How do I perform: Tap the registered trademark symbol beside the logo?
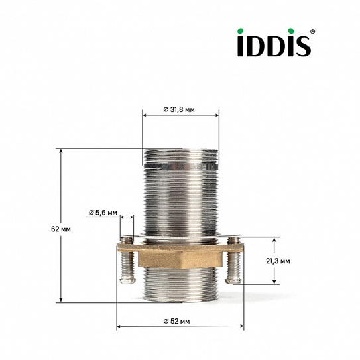pyautogui.click(x=313, y=31)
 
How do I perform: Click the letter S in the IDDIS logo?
pyautogui.click(x=302, y=46)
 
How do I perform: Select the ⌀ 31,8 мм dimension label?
pyautogui.click(x=180, y=109)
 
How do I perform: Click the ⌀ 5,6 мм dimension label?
pyautogui.click(x=103, y=213)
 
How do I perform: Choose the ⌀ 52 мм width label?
pyautogui.click(x=180, y=321)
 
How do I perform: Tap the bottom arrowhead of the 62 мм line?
pyautogui.click(x=61, y=300)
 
